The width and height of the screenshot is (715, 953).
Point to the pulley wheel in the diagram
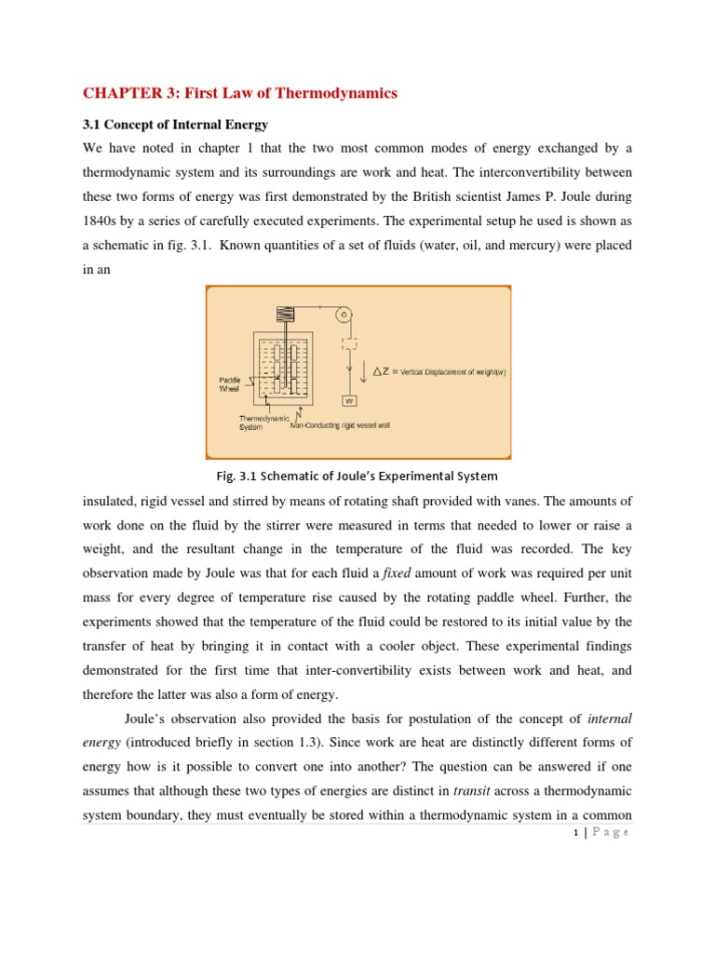coord(344,316)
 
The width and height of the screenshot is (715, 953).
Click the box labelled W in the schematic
coord(350,401)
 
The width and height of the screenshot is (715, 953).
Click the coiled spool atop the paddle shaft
coord(286,315)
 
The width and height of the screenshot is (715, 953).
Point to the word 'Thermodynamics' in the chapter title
coord(344,92)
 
